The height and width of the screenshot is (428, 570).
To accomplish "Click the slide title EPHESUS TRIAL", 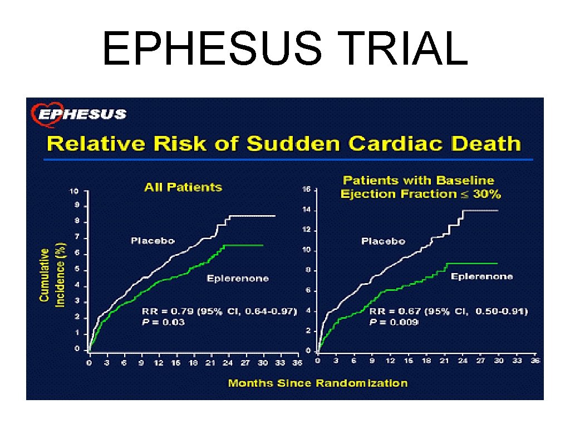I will point(284,48).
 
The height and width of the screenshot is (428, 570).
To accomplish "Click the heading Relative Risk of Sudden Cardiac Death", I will point(284,144).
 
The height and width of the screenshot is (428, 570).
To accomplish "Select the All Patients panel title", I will point(183,187).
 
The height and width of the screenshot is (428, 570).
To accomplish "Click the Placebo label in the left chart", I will point(153,241).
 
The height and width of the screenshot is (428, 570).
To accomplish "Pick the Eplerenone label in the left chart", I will point(238,278).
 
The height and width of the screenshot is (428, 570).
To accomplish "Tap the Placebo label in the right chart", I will point(383,241).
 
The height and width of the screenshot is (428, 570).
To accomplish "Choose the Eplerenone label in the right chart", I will point(481,276).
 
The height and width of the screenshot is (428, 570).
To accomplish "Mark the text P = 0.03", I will point(161,322).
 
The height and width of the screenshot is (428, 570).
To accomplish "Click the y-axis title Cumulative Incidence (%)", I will point(53,275).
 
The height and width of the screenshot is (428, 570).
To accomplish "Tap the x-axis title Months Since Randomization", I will point(318,383).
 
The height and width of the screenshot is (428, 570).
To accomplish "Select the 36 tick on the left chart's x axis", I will point(297,363).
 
